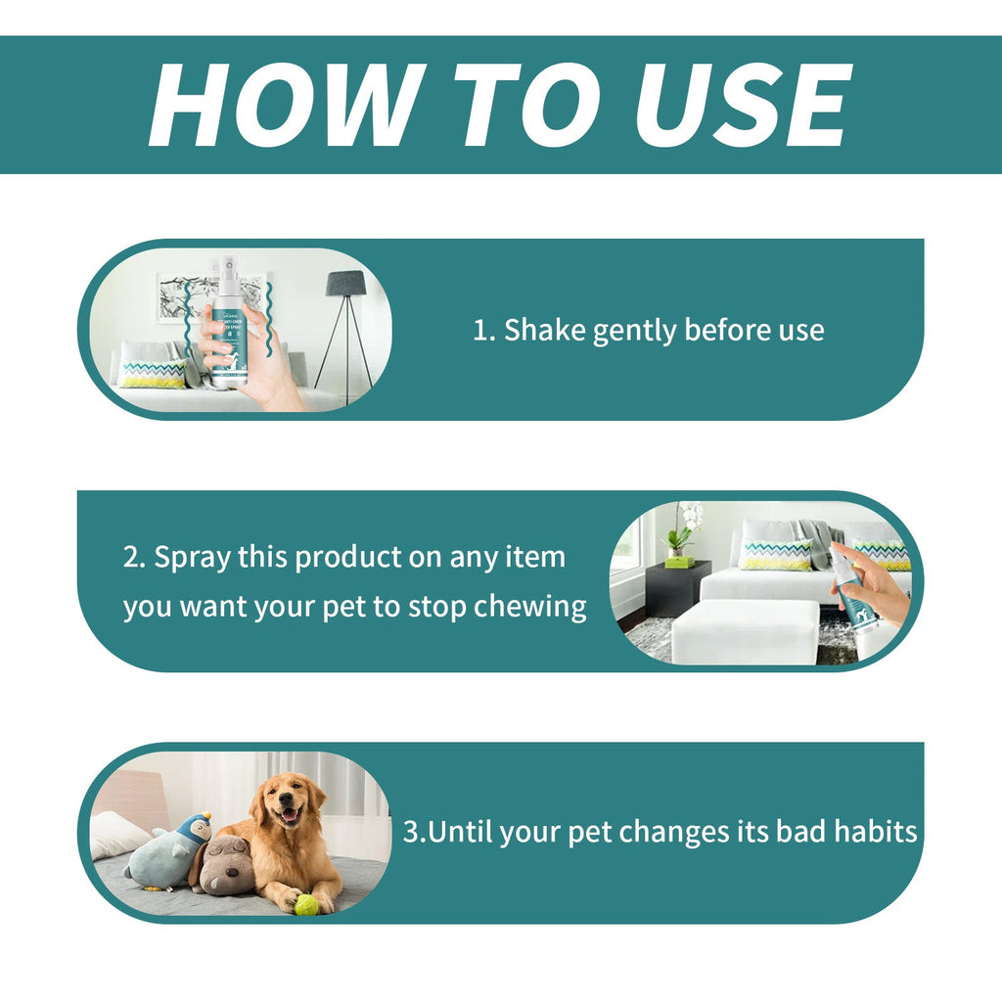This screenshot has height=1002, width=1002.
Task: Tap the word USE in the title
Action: point(741,105)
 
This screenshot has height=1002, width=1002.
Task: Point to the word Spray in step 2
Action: point(192,558)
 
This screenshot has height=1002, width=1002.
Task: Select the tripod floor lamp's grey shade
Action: point(345,284)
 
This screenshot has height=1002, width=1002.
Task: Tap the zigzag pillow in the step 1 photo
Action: point(153,374)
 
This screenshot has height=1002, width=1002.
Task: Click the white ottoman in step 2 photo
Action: point(745,630)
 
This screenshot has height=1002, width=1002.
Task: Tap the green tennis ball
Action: point(306,904)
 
